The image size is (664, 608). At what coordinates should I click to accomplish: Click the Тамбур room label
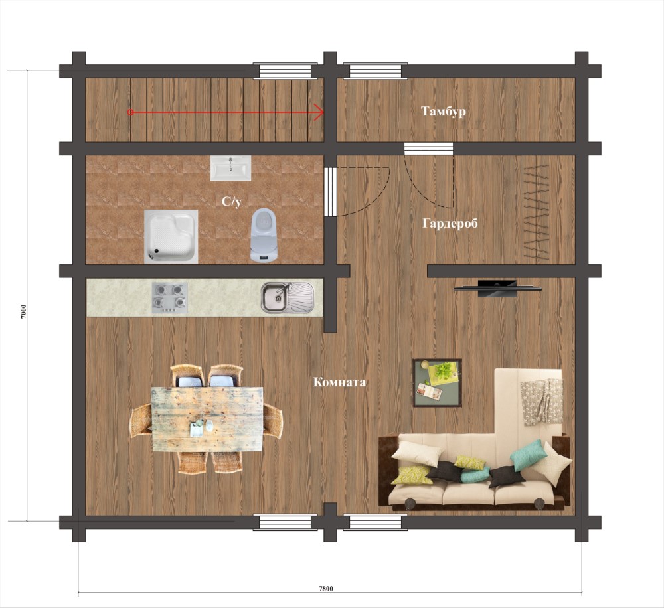(x=444, y=112)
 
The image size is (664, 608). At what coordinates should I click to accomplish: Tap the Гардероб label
(x=450, y=223)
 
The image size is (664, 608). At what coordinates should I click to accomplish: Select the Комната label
(x=339, y=382)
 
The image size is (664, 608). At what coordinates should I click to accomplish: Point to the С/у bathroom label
(x=232, y=202)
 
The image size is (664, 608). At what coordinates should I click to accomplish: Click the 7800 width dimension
(x=325, y=588)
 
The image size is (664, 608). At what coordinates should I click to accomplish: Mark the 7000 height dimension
(x=24, y=311)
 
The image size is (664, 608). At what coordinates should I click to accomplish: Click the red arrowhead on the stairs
(x=319, y=112)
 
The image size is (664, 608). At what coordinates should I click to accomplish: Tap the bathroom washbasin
(x=230, y=168)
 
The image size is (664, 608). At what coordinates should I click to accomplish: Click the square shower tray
(x=171, y=236)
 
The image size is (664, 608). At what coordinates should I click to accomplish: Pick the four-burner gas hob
(x=170, y=298)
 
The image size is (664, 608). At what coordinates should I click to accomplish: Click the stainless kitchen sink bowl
(x=276, y=298)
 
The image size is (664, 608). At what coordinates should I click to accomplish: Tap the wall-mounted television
(x=497, y=288)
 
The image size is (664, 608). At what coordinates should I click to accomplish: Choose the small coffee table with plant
(x=438, y=383)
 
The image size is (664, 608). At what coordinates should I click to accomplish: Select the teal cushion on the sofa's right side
(x=527, y=455)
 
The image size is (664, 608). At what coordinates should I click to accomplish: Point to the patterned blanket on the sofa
(x=542, y=402)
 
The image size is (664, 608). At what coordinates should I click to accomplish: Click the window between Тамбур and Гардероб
(x=428, y=149)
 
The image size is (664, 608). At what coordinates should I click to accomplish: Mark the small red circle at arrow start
(x=131, y=112)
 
